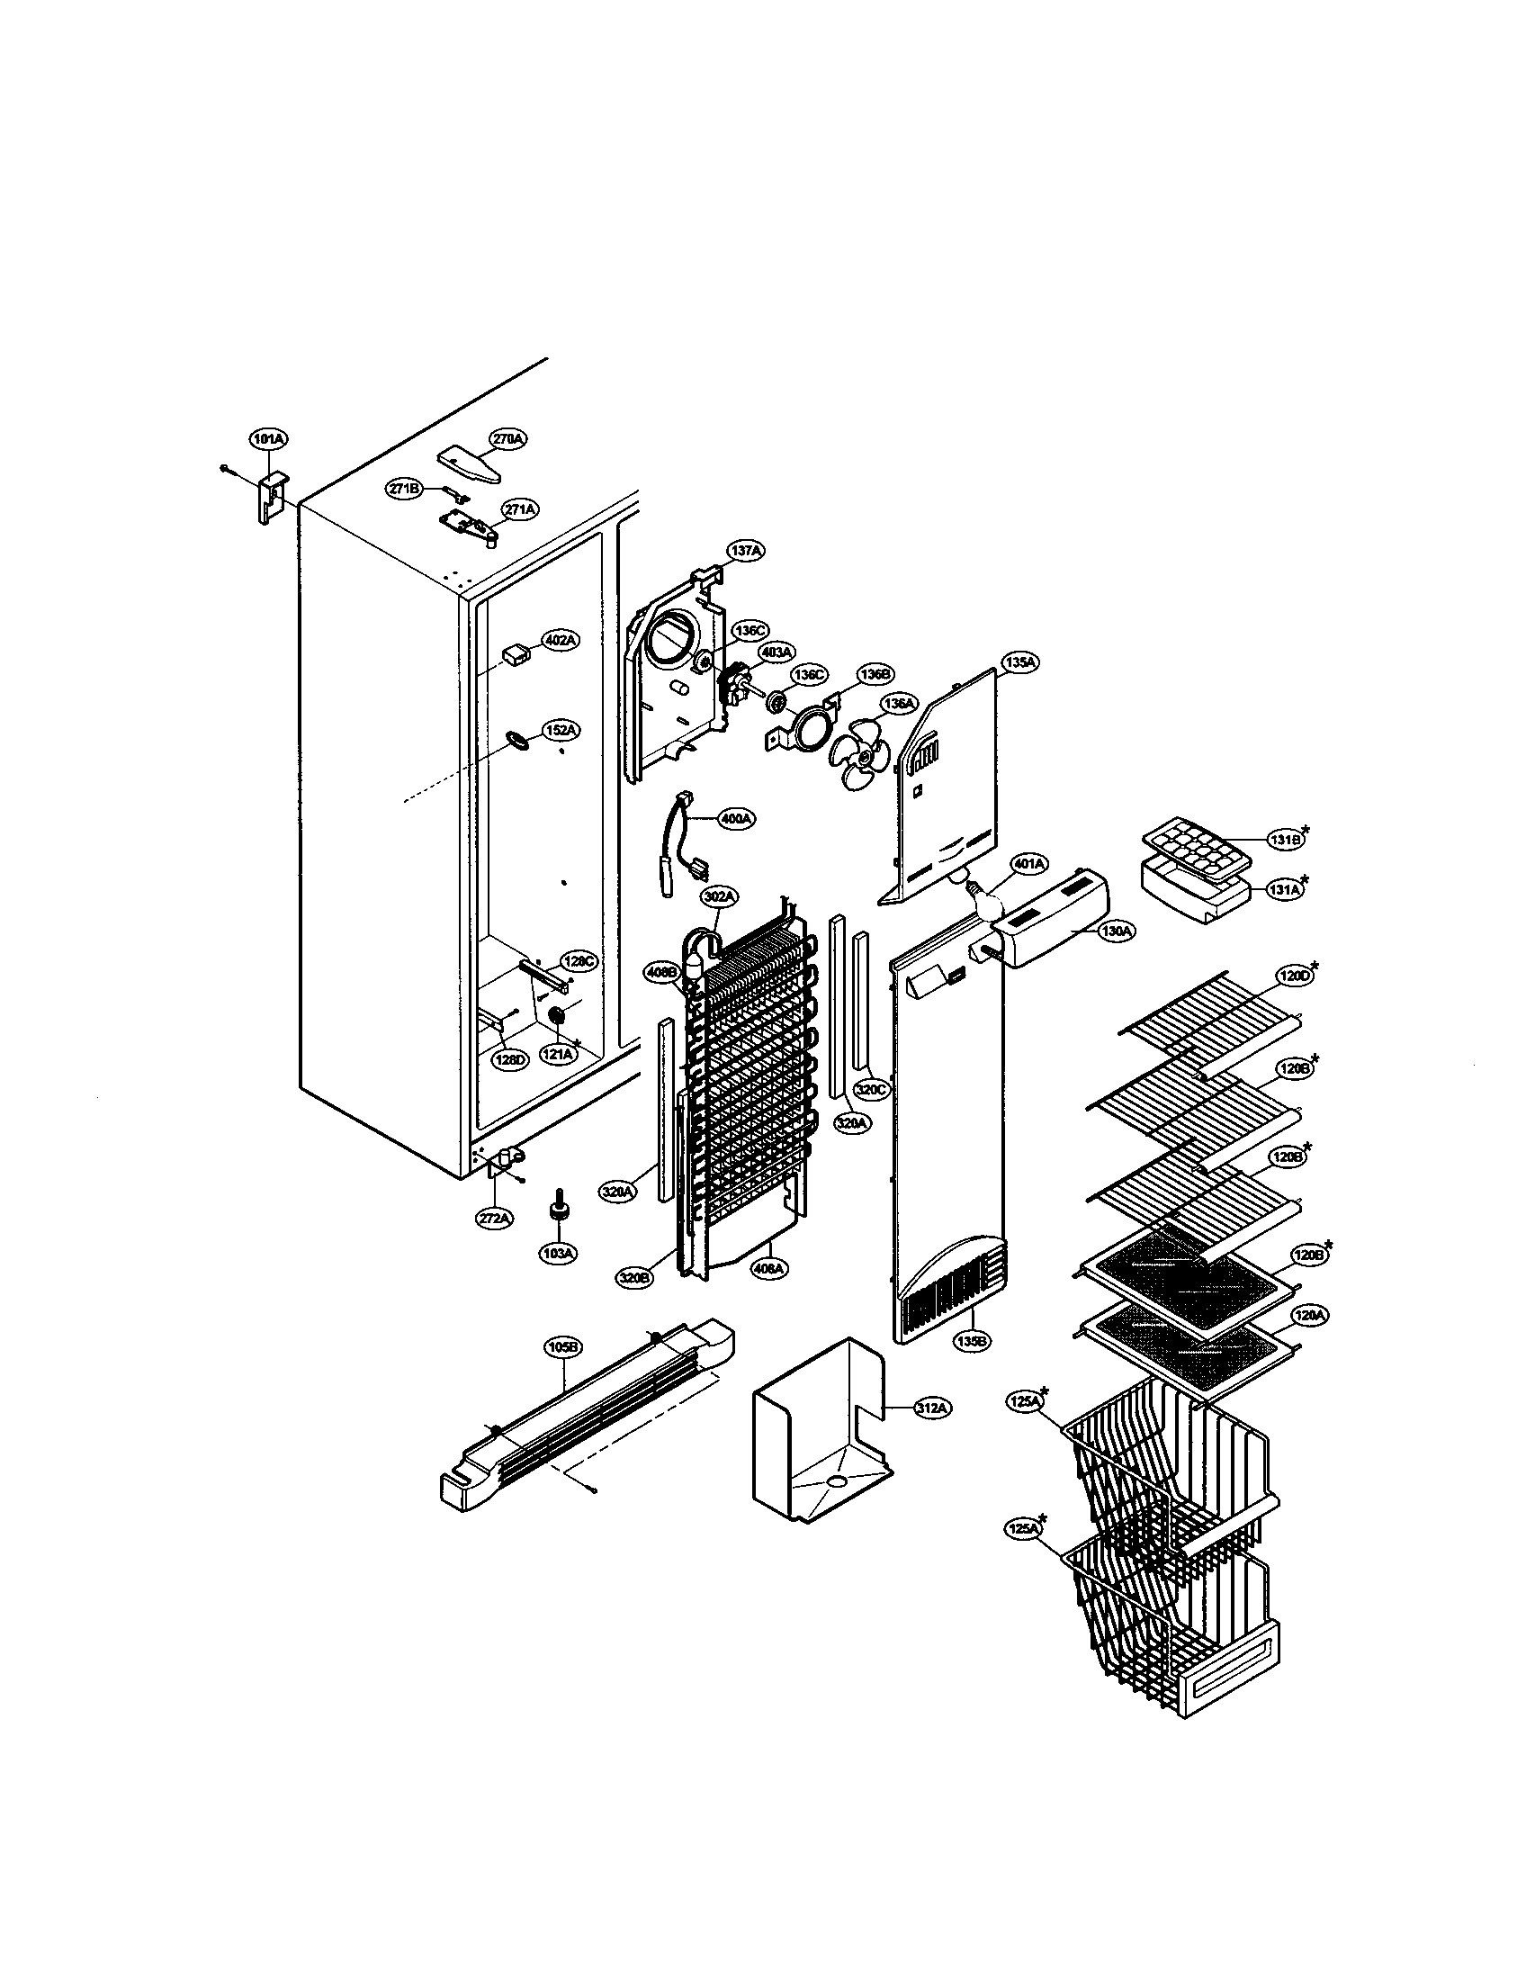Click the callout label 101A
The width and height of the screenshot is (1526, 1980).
click(267, 440)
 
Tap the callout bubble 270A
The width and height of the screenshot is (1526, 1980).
click(508, 439)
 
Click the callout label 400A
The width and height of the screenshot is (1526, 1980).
click(735, 819)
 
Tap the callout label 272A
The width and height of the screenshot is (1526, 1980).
click(495, 1219)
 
